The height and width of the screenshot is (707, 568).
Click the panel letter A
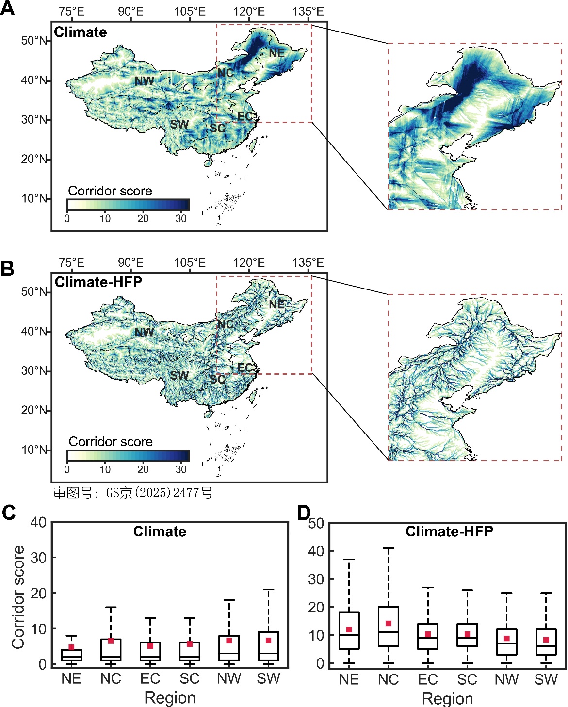pyautogui.click(x=7, y=8)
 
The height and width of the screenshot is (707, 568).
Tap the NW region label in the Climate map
pyautogui.click(x=144, y=81)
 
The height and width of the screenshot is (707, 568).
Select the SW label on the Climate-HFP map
pyautogui.click(x=179, y=375)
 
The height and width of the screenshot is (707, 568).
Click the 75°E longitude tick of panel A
pyautogui.click(x=71, y=12)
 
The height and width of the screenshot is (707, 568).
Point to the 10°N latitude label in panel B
pyautogui.click(x=34, y=450)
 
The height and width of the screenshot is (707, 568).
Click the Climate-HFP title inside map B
pyautogui.click(x=98, y=282)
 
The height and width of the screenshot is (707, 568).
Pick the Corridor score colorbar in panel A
pyautogui.click(x=128, y=205)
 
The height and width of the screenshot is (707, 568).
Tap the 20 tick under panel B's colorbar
pyautogui.click(x=143, y=469)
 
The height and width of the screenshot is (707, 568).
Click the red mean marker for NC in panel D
pyautogui.click(x=389, y=624)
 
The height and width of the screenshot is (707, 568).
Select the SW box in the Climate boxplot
pyautogui.click(x=268, y=646)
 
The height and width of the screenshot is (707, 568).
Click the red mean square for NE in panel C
pyautogui.click(x=71, y=647)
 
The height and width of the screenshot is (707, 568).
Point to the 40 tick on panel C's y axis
pyautogui.click(x=38, y=522)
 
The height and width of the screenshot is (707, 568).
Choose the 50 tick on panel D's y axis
pyautogui.click(x=316, y=523)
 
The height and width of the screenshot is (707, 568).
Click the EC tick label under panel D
pyautogui.click(x=428, y=680)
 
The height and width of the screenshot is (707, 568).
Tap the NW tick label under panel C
pyautogui.click(x=229, y=679)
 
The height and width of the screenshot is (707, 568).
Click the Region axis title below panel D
pyautogui.click(x=447, y=699)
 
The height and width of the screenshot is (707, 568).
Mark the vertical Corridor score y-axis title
pyautogui.click(x=18, y=597)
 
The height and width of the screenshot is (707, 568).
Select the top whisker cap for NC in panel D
pyautogui.click(x=389, y=548)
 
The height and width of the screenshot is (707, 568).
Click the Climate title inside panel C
pyautogui.click(x=160, y=531)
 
